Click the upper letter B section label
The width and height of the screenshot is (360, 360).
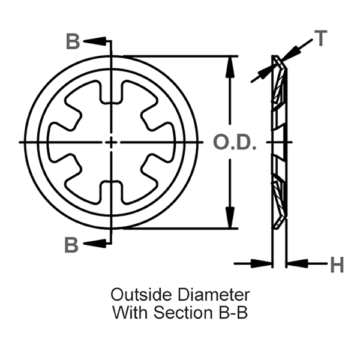coord(72,42)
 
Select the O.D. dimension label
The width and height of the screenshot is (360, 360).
coord(235,143)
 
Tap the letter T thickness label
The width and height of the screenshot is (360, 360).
coord(321,39)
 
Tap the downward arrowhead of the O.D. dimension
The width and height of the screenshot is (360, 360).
coord(229,220)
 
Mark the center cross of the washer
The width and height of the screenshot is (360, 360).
coord(112,142)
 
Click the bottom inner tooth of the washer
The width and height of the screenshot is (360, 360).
coord(112,191)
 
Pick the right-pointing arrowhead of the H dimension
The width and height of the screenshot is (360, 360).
coord(264,263)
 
